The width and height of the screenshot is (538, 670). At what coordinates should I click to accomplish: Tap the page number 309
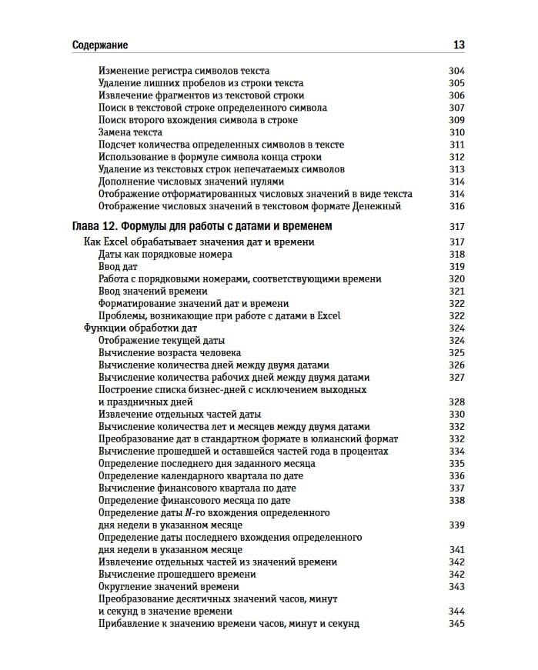(456, 120)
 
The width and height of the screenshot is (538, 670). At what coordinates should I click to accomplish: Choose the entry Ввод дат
(118, 267)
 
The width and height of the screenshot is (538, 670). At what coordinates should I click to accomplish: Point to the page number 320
(456, 279)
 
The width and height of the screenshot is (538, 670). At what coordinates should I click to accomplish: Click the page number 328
(456, 402)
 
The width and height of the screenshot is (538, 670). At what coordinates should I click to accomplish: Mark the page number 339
(456, 525)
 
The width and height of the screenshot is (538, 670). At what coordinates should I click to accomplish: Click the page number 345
(456, 624)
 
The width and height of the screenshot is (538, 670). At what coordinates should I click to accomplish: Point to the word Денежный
(377, 206)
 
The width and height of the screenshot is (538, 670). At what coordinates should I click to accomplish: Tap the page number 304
(456, 71)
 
